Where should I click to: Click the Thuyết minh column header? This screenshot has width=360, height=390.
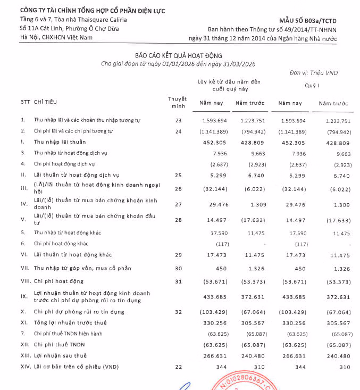click(x=177, y=102)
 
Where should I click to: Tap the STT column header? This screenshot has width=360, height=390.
click(x=25, y=101)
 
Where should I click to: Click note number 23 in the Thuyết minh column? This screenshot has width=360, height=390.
click(x=178, y=121)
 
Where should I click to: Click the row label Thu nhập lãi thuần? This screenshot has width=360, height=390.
click(x=60, y=142)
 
